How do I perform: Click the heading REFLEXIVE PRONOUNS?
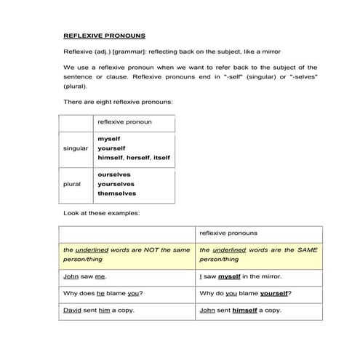point(104,34)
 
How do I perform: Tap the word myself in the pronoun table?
point(109,138)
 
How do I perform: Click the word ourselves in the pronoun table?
point(114,175)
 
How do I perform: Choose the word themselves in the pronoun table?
point(116,193)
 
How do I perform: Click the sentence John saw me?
point(81,276)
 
